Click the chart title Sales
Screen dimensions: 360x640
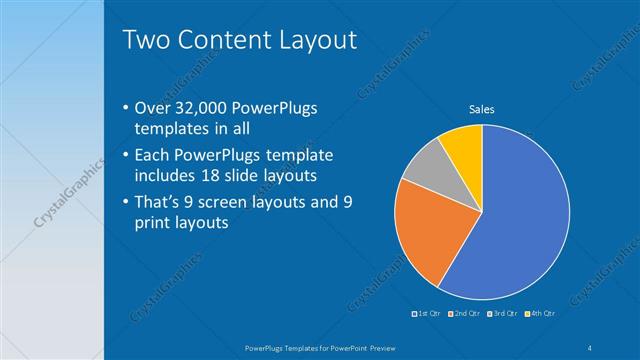pos(482,109)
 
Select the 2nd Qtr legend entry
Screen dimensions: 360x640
pos(464,314)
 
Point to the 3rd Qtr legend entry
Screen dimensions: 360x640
pos(502,314)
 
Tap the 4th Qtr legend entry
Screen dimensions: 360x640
pos(540,314)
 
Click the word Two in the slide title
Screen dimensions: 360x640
pos(144,41)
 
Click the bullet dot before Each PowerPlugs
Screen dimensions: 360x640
pos(124,156)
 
